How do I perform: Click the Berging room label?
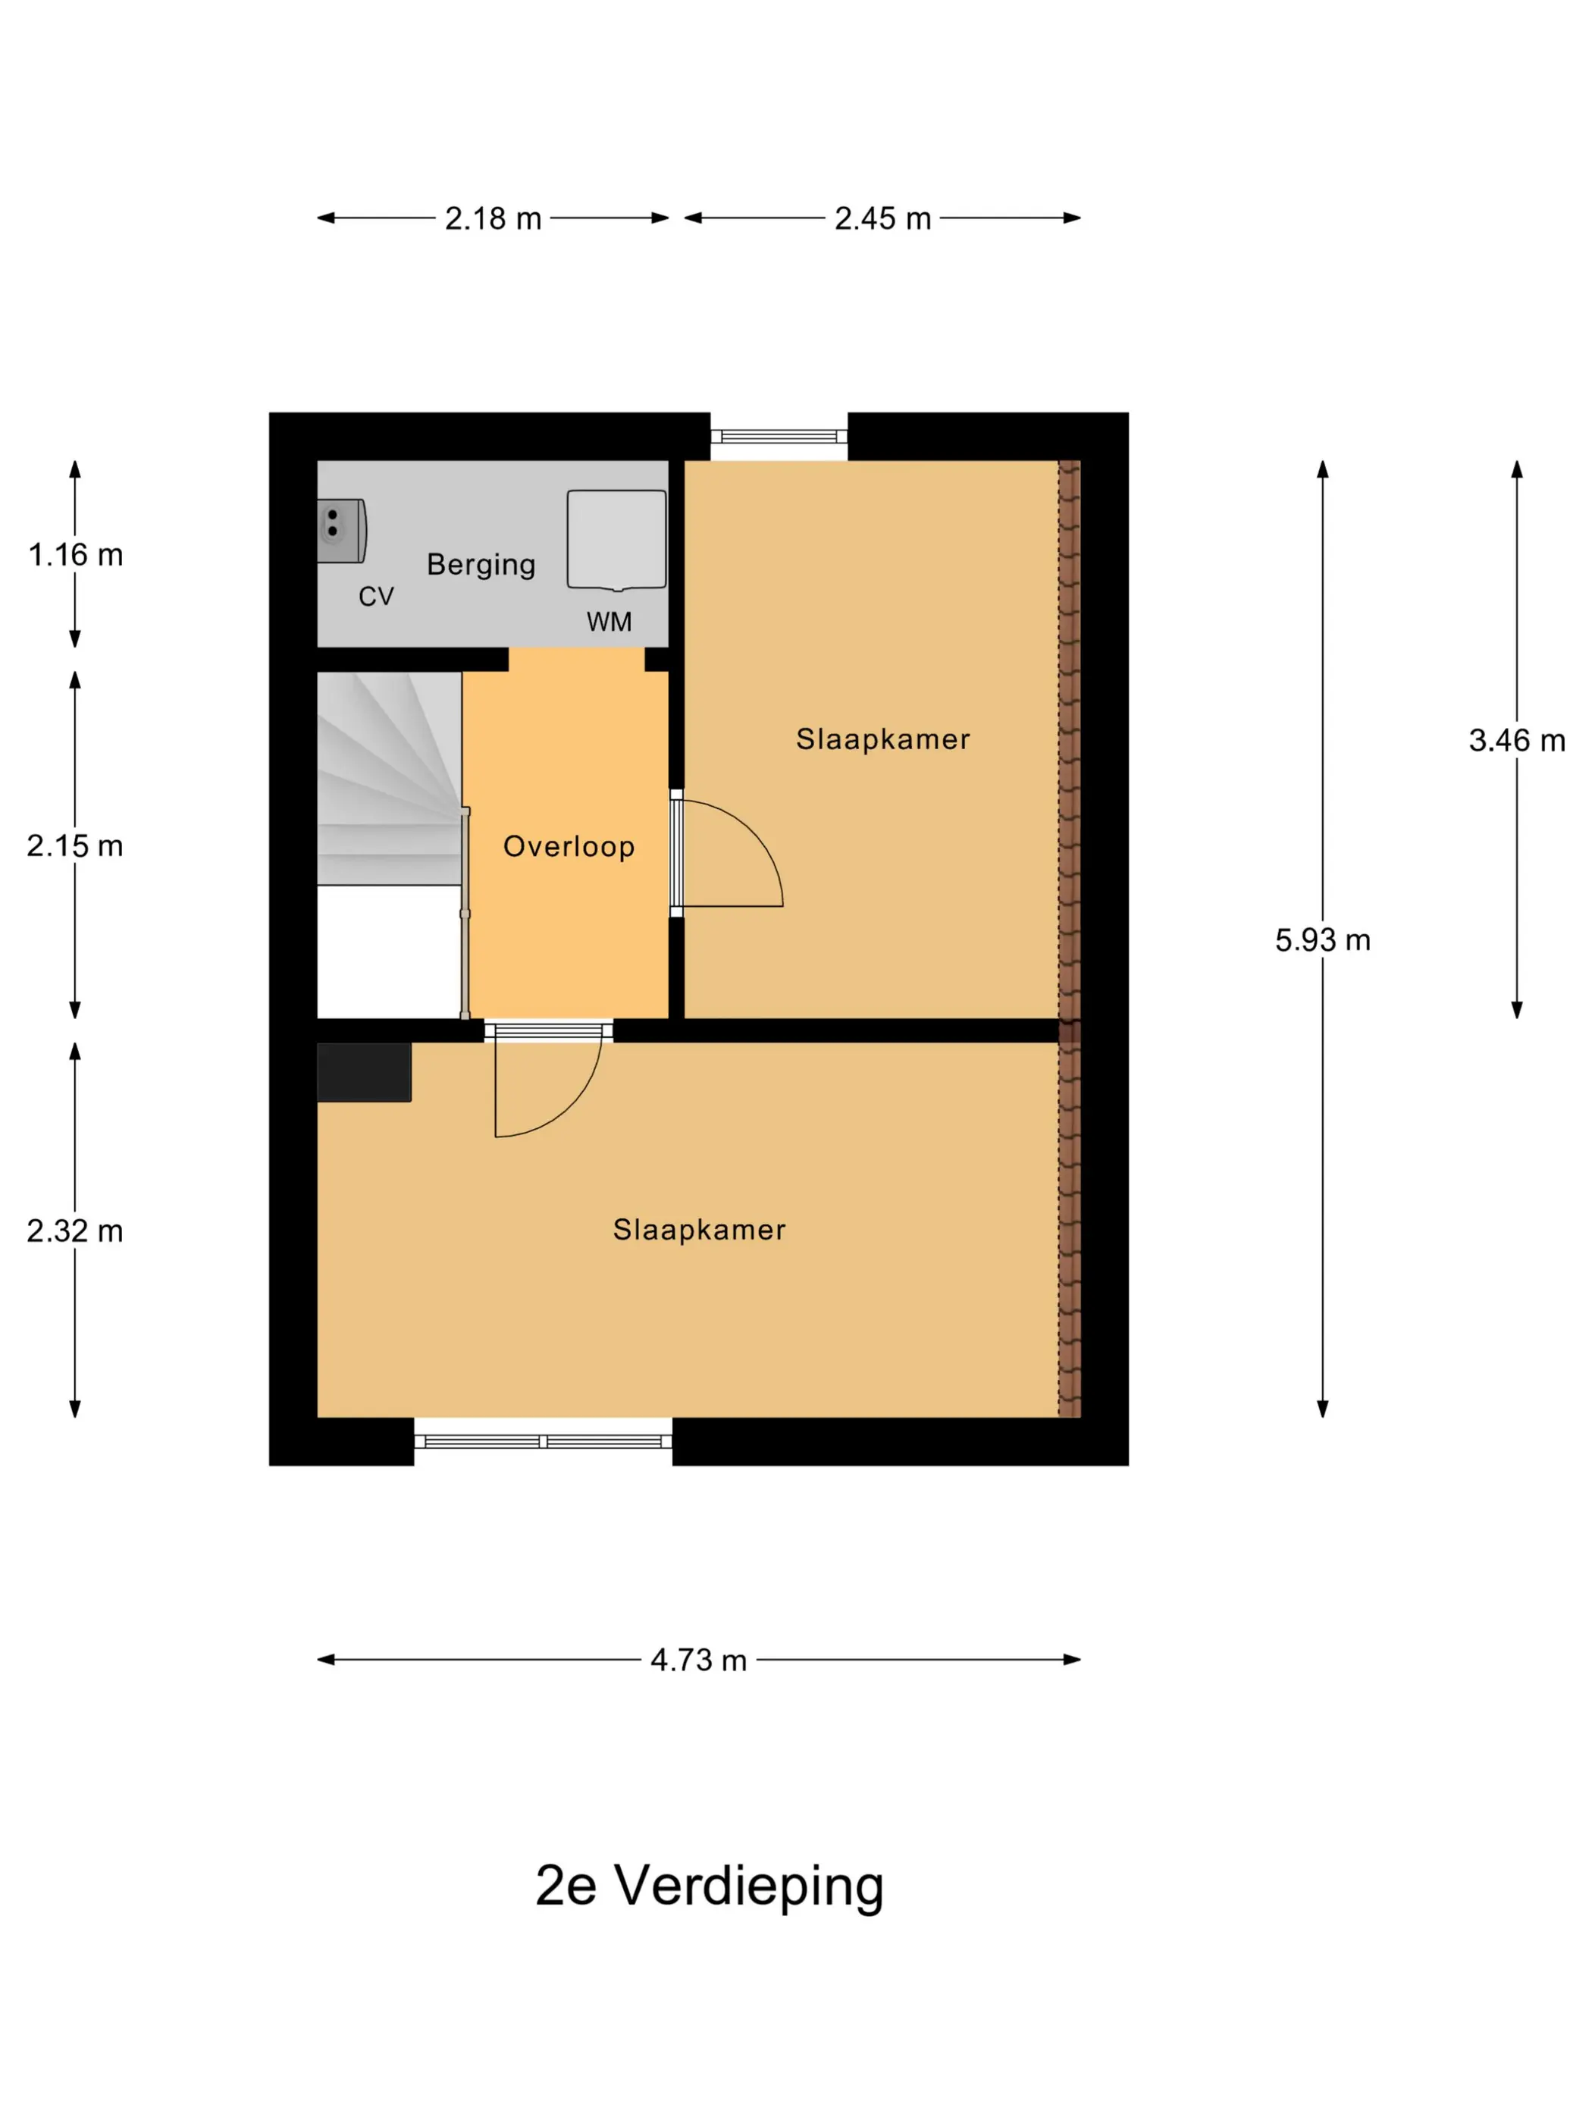[x=481, y=564]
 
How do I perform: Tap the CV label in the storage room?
[x=376, y=596]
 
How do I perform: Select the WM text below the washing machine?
[x=610, y=622]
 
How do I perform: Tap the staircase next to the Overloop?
[x=390, y=779]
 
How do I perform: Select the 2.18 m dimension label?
[x=494, y=219]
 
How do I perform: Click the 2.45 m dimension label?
[x=883, y=219]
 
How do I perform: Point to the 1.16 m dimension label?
[x=76, y=555]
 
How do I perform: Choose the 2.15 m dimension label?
[x=75, y=845]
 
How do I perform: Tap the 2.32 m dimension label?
[x=75, y=1231]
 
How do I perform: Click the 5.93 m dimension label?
[x=1322, y=939]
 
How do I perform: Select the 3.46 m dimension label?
[x=1517, y=740]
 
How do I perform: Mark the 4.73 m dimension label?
[x=699, y=1660]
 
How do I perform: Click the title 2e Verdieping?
[x=709, y=1885]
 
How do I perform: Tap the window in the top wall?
[x=779, y=437]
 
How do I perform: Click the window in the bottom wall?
[x=543, y=1441]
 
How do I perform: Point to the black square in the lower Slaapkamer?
[x=365, y=1072]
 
